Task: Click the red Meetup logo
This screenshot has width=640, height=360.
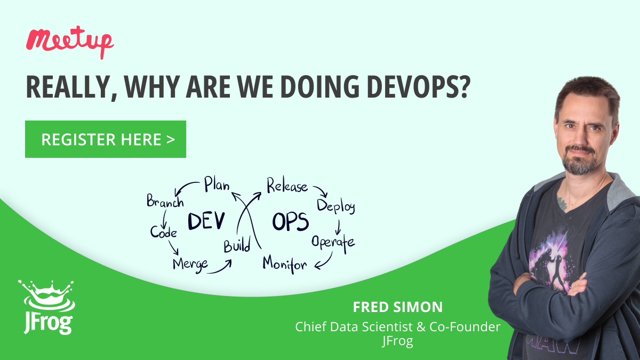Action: coord(70,42)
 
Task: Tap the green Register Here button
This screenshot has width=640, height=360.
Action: coord(106,139)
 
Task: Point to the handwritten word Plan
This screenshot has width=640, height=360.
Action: coord(217,185)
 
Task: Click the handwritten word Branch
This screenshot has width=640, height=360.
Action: coord(165,201)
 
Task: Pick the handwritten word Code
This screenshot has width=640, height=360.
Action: coord(163,231)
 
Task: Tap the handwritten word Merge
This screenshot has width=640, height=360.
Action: coord(190,265)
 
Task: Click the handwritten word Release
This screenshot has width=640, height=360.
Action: coord(287,186)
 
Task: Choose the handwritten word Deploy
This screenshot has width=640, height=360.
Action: coord(336,206)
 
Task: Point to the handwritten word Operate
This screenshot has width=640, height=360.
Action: coord(333,243)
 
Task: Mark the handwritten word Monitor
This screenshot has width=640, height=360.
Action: coord(285,265)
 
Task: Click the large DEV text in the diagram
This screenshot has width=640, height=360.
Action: coord(206,221)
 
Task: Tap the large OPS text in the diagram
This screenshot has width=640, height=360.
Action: coord(290,222)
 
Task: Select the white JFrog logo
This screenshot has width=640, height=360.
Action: coord(47,307)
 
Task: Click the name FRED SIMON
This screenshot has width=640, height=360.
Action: coord(398,307)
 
